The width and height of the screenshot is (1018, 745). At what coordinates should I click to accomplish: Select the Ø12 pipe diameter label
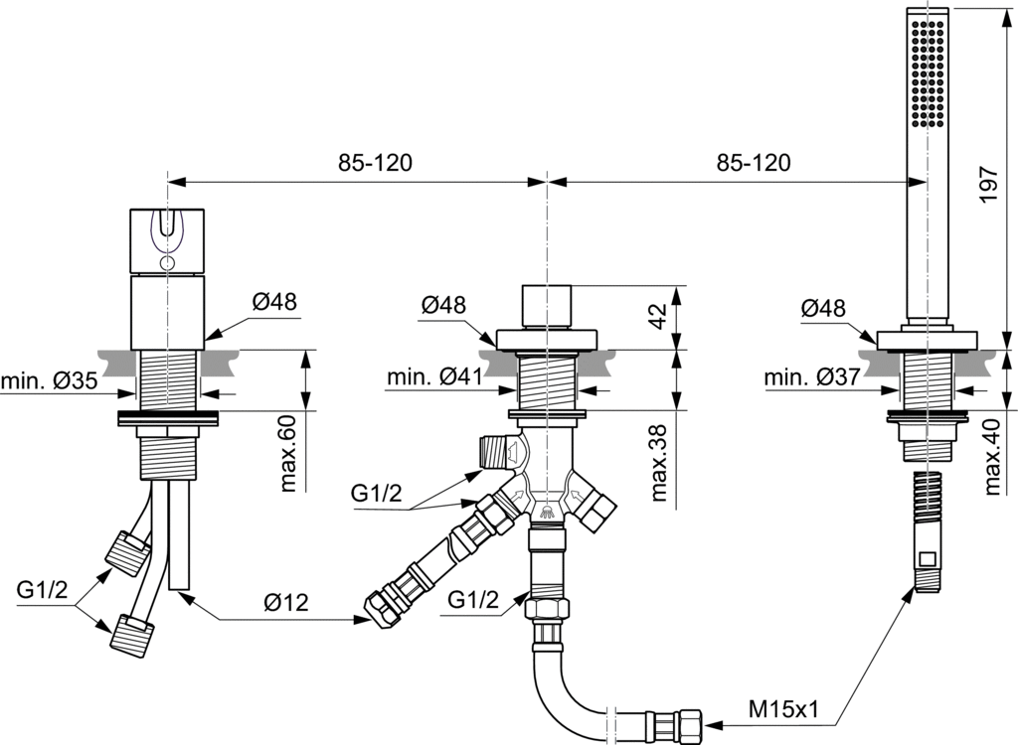point(286,602)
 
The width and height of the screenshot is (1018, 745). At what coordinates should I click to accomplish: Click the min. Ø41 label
point(433,376)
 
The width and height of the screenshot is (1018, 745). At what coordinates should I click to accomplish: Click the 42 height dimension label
point(657,313)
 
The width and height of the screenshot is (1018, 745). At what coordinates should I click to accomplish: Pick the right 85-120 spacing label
point(753,163)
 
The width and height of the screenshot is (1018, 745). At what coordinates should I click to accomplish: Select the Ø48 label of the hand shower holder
point(824,308)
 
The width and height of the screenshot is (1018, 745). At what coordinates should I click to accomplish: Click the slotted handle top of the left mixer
point(168,239)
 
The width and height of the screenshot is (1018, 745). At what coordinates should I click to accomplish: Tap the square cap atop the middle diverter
point(546,305)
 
